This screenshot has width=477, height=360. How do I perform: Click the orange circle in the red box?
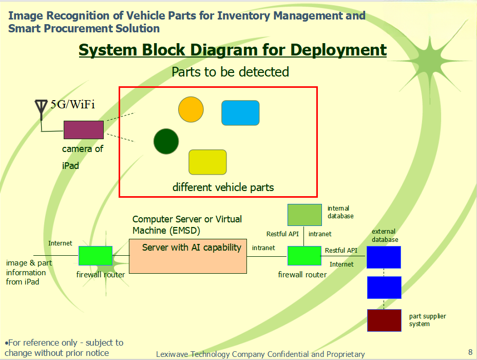tap(191, 109)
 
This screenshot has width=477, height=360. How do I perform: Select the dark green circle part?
tap(166, 141)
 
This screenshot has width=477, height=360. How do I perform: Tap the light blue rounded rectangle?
tap(240, 113)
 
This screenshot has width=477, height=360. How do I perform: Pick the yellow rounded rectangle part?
tap(207, 162)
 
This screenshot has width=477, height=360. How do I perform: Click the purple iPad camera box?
tap(84, 130)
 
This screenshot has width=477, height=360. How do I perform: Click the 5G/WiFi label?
tap(72, 105)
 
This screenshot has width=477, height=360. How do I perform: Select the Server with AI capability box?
tap(187, 256)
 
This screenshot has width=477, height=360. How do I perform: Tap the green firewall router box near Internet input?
tap(95, 256)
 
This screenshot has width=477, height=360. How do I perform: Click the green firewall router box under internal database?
tap(304, 256)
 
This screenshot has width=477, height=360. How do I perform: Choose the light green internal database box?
tap(304, 215)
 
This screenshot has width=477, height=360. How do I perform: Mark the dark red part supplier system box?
tap(384, 320)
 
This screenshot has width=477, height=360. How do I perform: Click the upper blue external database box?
tap(384, 257)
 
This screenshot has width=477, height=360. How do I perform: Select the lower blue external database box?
tap(384, 288)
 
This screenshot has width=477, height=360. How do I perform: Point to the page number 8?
tap(470, 352)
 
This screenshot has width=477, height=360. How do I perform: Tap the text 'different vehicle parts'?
tap(223, 187)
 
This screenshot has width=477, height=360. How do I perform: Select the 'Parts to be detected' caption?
tap(230, 72)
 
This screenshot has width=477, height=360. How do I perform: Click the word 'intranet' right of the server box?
tap(263, 248)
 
